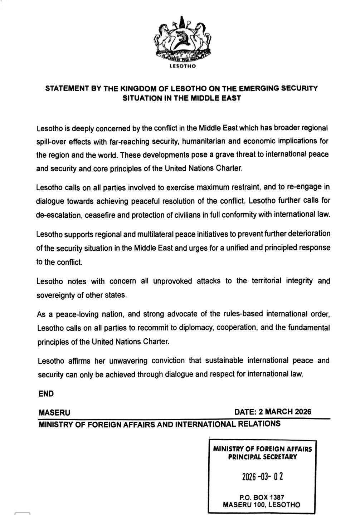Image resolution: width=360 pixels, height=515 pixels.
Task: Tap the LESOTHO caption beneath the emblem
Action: [x=183, y=66]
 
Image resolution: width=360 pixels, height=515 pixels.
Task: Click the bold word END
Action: [x=46, y=394]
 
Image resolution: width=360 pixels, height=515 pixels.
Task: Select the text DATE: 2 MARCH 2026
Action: [x=272, y=412]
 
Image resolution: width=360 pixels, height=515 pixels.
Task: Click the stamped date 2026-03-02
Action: [x=262, y=476]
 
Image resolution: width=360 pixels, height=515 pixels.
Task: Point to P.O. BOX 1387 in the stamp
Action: [x=262, y=497]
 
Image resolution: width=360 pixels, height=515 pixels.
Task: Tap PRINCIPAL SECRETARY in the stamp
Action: [x=262, y=457]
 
